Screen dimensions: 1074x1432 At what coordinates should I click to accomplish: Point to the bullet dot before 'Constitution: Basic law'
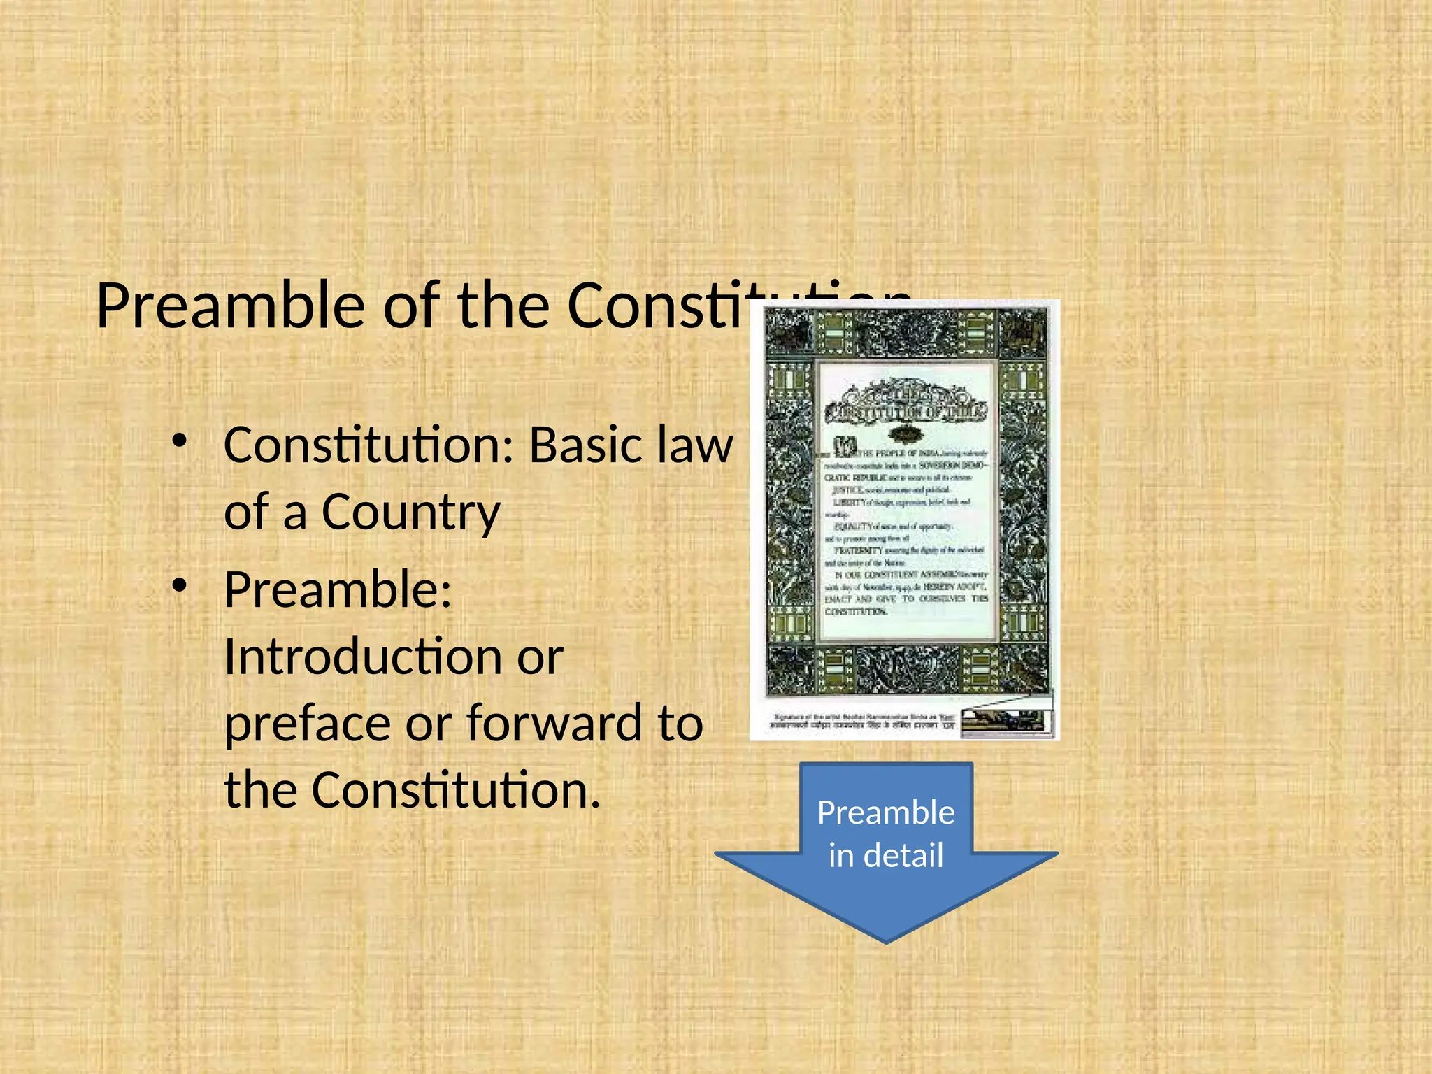point(180,441)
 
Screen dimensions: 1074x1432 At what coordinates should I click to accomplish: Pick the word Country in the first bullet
point(410,512)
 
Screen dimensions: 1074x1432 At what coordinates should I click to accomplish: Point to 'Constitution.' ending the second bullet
point(455,789)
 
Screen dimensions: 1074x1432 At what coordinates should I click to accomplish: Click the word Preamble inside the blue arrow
point(886,812)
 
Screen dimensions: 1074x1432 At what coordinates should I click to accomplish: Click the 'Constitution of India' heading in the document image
point(905,411)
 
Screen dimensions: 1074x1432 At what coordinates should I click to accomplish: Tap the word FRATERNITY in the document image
point(859,550)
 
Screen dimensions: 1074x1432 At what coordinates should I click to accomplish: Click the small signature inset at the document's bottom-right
point(1007,720)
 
